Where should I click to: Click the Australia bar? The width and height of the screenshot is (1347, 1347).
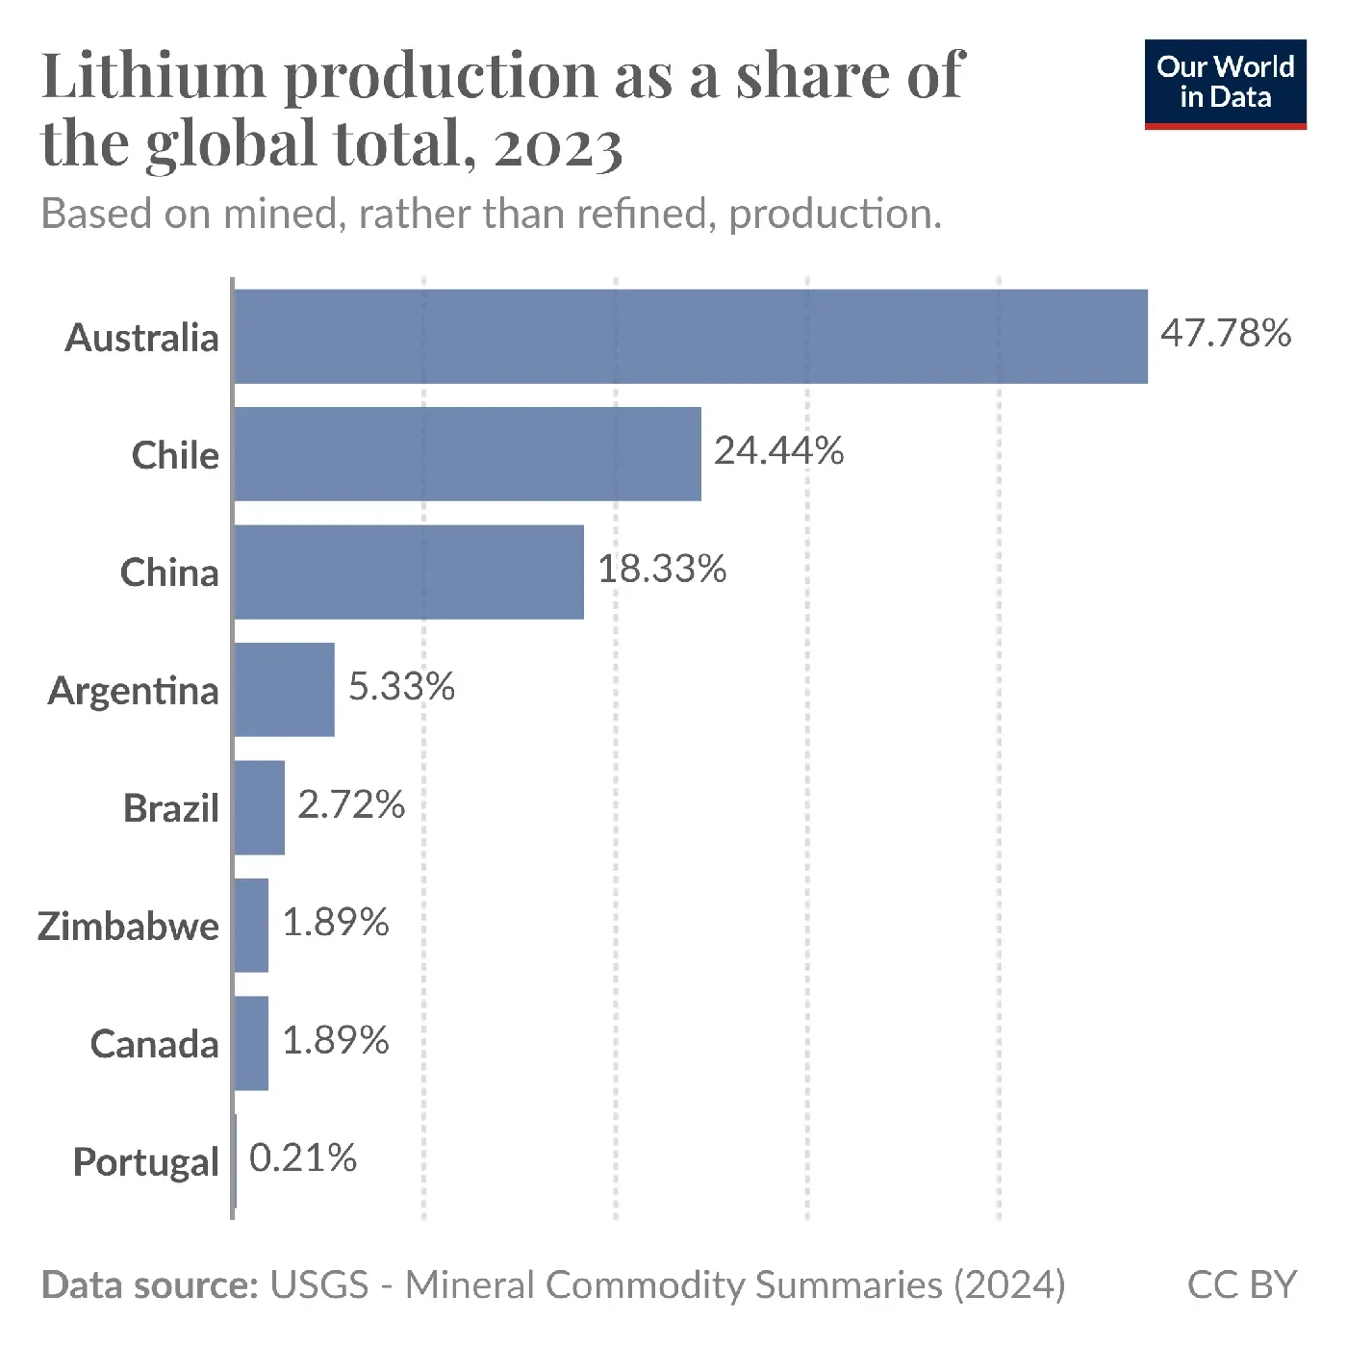(x=691, y=337)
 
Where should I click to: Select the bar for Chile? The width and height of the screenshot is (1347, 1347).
(x=468, y=454)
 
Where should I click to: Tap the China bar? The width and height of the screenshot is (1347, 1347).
(x=409, y=572)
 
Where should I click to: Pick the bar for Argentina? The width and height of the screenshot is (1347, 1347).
(x=284, y=690)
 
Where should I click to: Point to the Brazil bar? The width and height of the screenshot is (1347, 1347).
(x=259, y=807)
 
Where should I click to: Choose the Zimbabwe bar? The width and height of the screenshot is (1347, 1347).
(x=251, y=925)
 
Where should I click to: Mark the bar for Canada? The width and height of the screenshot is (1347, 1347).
(x=251, y=1043)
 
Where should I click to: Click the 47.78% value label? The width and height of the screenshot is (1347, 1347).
(x=1225, y=333)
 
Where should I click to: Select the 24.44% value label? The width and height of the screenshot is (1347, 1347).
(x=778, y=450)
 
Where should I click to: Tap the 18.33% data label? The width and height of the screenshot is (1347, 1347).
(x=662, y=569)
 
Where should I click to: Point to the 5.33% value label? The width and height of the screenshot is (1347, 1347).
(x=401, y=687)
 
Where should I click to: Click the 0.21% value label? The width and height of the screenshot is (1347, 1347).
(x=303, y=1157)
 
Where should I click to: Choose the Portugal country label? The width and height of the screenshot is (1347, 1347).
(x=146, y=1162)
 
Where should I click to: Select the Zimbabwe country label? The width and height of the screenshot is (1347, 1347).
(x=128, y=926)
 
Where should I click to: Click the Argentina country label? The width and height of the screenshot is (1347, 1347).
(x=134, y=691)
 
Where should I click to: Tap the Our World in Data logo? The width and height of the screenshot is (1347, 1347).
(x=1225, y=84)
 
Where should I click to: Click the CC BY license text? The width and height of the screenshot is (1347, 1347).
(x=1241, y=1284)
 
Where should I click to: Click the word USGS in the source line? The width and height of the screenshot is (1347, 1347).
(x=319, y=1284)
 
